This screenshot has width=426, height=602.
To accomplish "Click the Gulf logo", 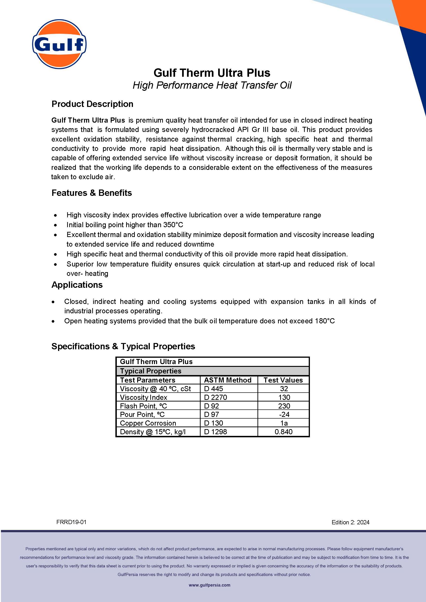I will (x=59, y=44).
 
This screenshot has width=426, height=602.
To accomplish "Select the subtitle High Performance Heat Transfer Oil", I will (x=212, y=85).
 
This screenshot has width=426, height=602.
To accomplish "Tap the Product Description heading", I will (x=92, y=104).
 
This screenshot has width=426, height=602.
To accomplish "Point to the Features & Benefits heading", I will (x=92, y=193).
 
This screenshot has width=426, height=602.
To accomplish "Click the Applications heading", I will (x=77, y=285).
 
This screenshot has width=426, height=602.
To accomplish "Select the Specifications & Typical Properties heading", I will (x=123, y=346).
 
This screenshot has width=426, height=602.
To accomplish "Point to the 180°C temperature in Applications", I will (x=324, y=321).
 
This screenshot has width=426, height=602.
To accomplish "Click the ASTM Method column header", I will (x=228, y=380).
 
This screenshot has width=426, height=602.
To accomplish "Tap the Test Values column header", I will (x=283, y=380).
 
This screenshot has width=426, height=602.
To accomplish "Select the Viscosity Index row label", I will (x=143, y=398).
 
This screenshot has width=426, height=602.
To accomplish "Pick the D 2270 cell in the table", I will (x=215, y=398).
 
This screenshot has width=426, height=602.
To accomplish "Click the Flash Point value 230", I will (x=284, y=406).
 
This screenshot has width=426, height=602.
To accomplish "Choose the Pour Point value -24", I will (x=284, y=415).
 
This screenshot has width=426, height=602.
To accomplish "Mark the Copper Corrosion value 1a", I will (x=284, y=423).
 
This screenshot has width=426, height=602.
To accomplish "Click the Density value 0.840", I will (x=283, y=432).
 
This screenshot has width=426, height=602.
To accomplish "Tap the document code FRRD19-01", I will (x=71, y=522).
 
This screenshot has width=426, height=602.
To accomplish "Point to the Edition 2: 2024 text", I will (x=350, y=522).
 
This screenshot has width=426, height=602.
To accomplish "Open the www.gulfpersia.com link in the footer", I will (x=209, y=585).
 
